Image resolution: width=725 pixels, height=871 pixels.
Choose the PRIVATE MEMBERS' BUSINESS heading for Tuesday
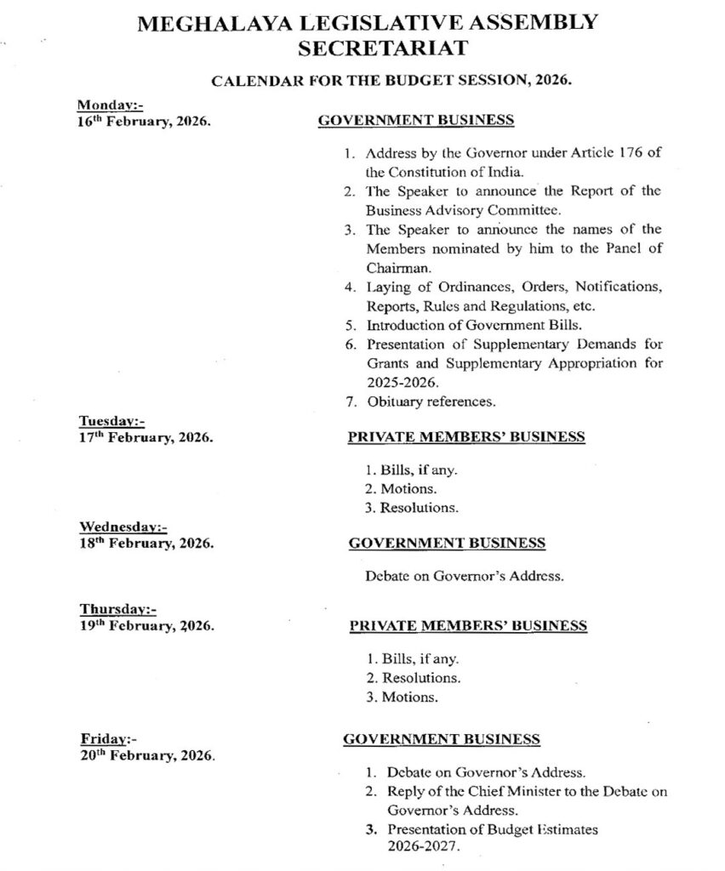pos(466,437)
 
